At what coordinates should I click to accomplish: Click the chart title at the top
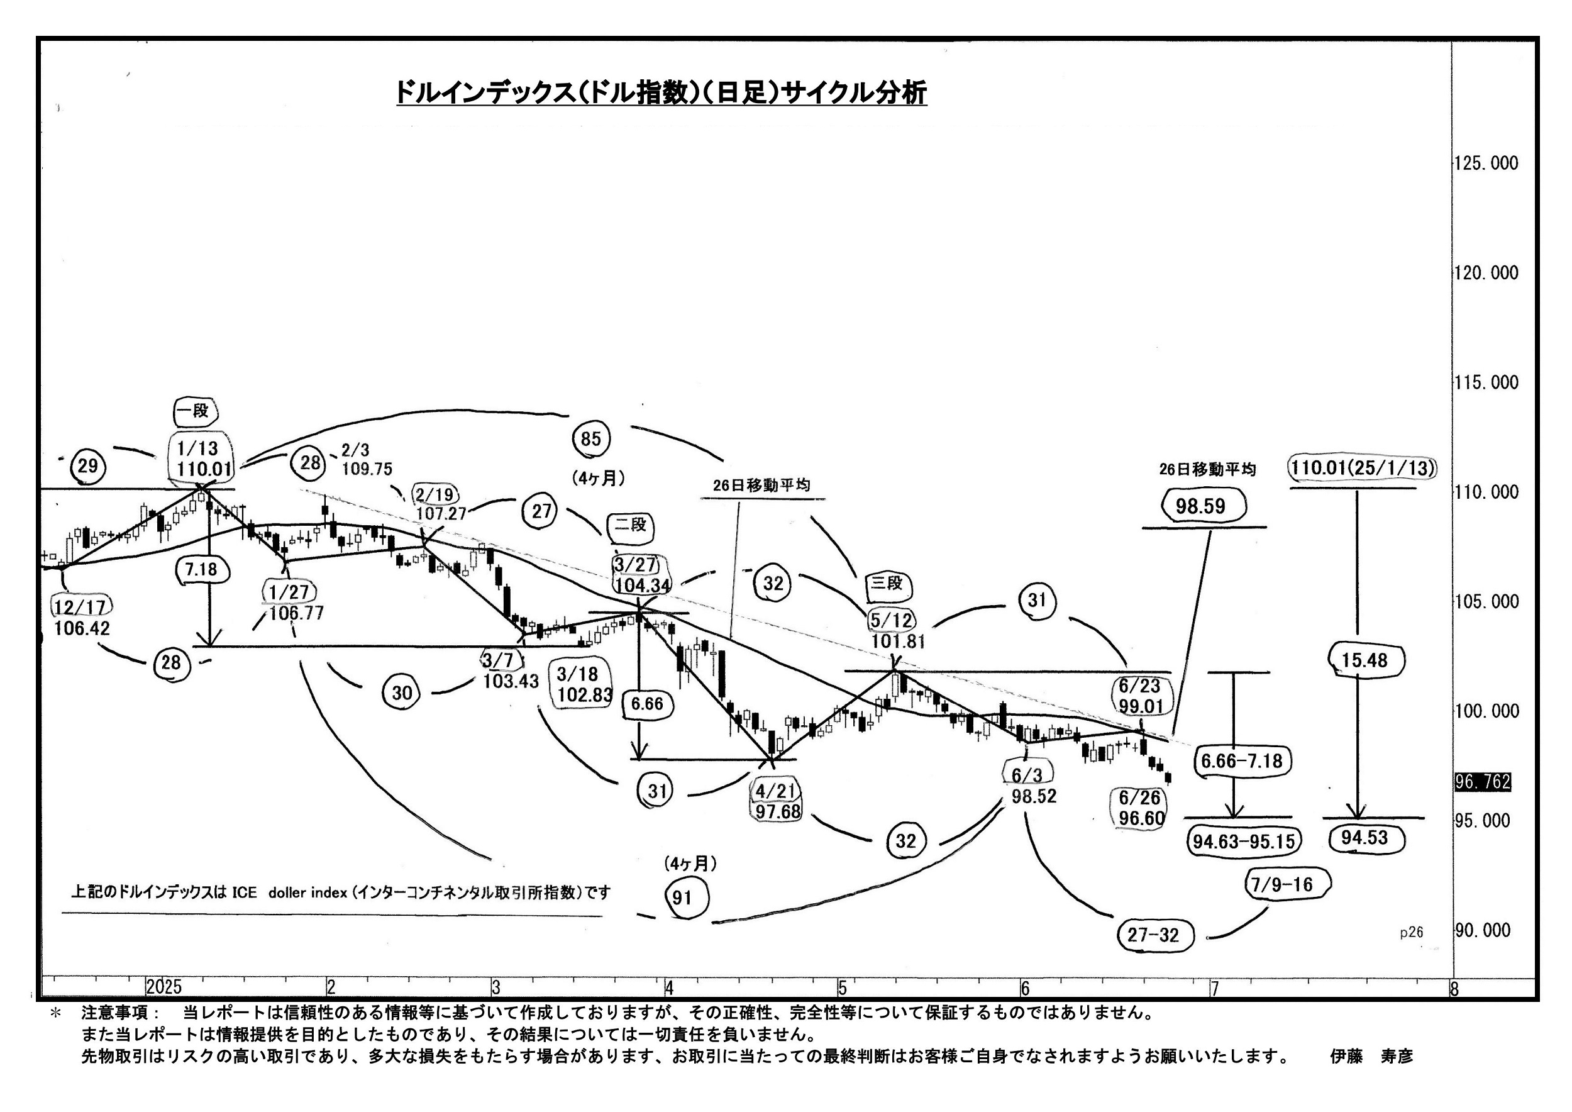[x=661, y=92]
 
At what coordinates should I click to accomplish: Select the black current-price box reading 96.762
[x=1482, y=782]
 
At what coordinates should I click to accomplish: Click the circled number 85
[x=591, y=439]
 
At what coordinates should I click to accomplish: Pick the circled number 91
[x=683, y=897]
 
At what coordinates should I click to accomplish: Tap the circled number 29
[x=87, y=466]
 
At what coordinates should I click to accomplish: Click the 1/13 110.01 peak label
[x=200, y=459]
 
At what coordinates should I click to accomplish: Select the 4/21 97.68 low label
[x=777, y=801]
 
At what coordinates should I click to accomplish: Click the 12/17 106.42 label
[x=82, y=617]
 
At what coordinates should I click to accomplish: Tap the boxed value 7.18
[x=201, y=569]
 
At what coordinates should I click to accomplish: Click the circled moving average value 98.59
[x=1200, y=506]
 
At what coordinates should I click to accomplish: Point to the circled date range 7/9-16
[x=1281, y=885]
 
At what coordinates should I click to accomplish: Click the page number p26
[x=1411, y=932]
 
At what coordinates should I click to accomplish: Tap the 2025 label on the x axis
[x=164, y=987]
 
